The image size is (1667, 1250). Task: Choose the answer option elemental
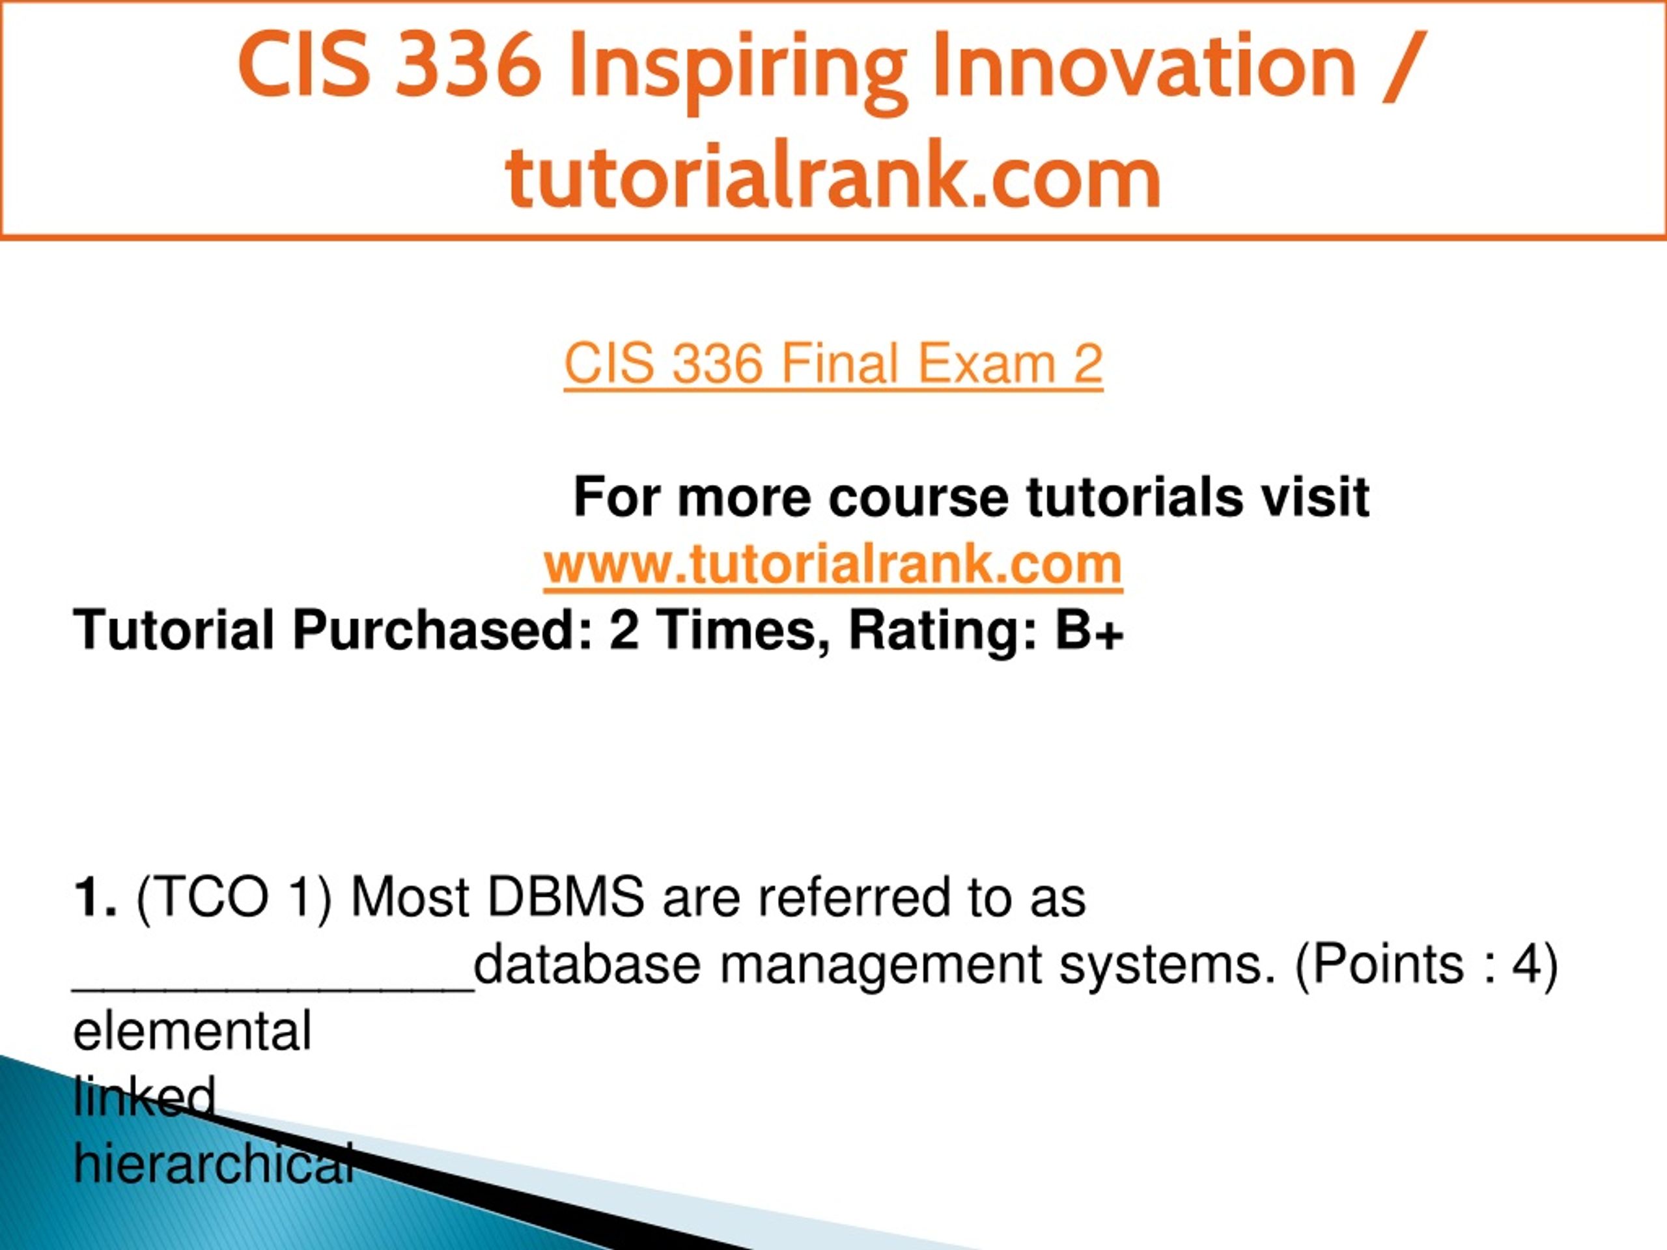tap(192, 1031)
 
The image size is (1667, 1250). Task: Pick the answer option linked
tap(145, 1097)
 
